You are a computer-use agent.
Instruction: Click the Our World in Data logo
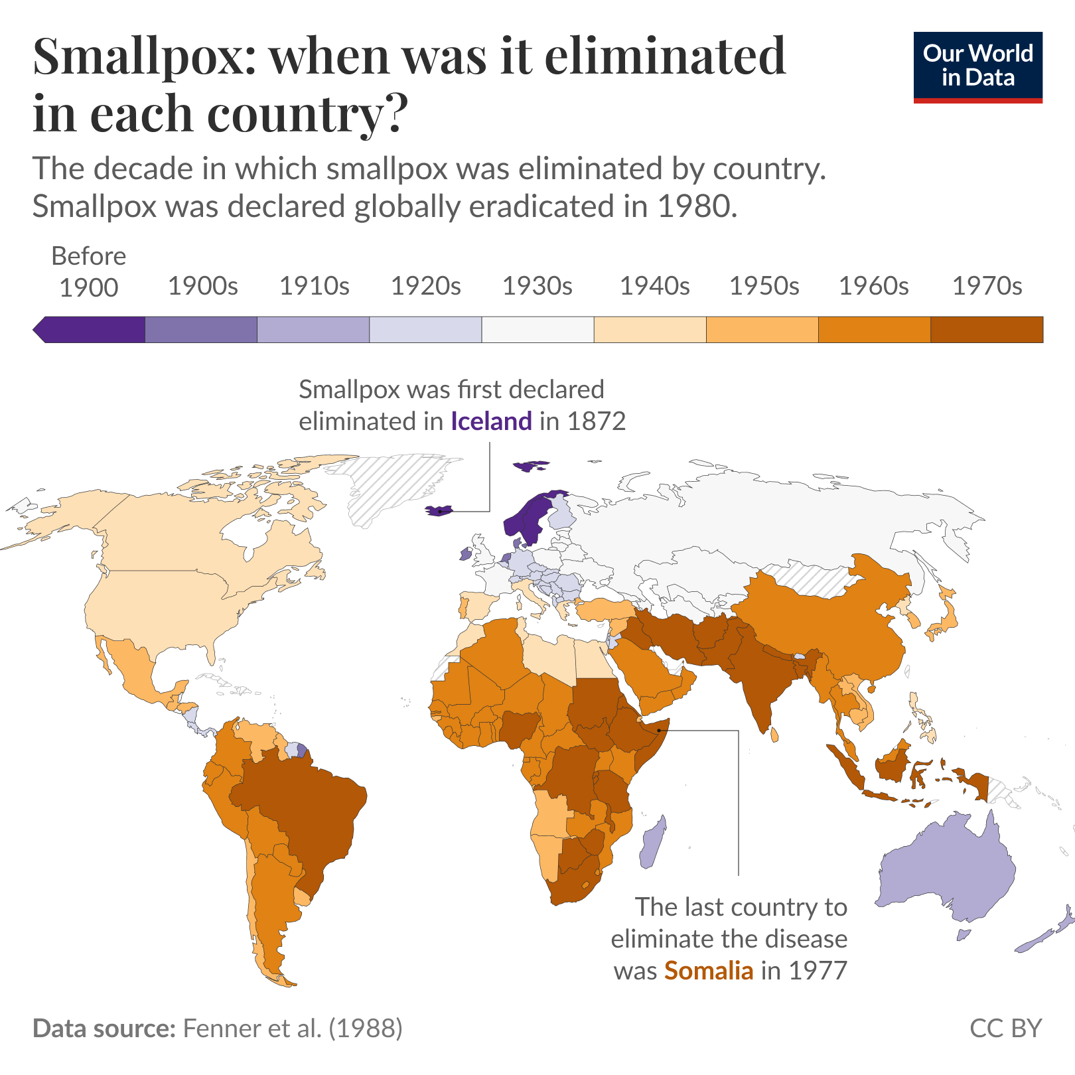pos(977,66)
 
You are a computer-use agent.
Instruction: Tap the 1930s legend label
pos(537,286)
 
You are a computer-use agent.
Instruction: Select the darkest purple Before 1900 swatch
pos(93,330)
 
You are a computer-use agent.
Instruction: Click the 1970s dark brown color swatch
pos(986,330)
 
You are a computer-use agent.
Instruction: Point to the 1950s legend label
pos(764,286)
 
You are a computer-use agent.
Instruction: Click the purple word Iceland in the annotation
pos(491,421)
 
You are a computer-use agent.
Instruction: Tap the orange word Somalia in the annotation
pos(709,971)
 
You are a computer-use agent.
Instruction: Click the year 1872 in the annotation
pos(597,421)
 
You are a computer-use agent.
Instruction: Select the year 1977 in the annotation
pos(818,971)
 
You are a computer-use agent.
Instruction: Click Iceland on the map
pos(438,510)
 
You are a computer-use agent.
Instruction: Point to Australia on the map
pos(949,869)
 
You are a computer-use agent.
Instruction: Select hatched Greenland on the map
pos(392,484)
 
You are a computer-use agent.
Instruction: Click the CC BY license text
pos(1005,1029)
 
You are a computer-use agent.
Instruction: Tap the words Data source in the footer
pos(104,1029)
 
